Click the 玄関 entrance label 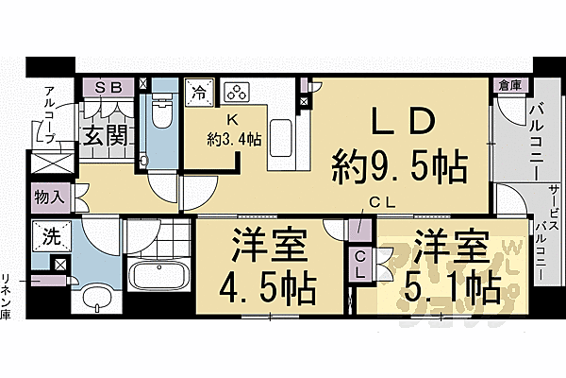click(104, 135)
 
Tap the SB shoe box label click(108, 88)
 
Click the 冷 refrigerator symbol click(200, 92)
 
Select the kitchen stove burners click(235, 93)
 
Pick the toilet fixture click(162, 118)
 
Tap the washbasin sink click(96, 300)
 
